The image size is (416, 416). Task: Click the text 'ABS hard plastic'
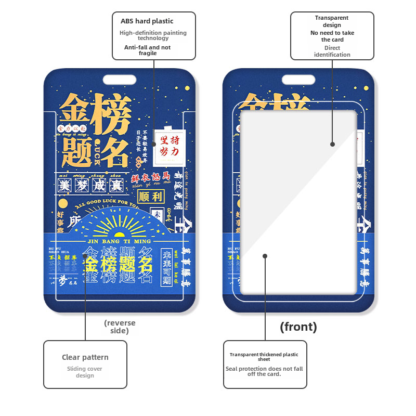coord(147,21)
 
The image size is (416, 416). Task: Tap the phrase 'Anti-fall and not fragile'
coord(147,50)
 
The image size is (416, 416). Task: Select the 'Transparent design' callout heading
coord(332,21)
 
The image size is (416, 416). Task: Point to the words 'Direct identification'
coord(332,51)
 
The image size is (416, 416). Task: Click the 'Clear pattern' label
coord(85,357)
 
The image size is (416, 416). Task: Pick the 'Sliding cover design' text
coord(85,372)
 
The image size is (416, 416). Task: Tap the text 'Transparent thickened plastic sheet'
coord(264,357)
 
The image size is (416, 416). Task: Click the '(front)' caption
coord(298,327)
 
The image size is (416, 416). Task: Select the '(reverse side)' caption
coord(120,327)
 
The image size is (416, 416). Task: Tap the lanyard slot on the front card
coord(298,80)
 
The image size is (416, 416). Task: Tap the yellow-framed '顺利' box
coord(150,196)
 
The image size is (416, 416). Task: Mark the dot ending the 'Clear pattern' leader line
coord(85,256)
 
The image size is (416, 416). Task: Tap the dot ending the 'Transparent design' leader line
coord(332,144)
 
